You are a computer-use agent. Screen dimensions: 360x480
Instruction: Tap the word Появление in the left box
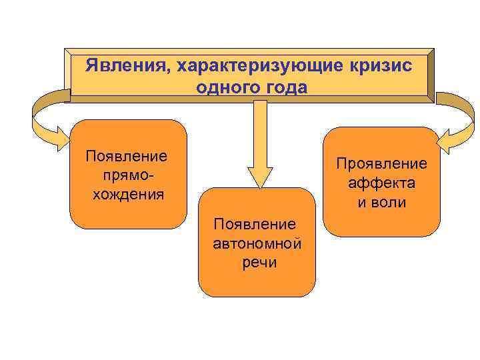(127, 156)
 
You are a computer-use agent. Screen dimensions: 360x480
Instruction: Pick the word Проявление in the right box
(381, 164)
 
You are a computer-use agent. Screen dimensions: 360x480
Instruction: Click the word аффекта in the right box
(382, 183)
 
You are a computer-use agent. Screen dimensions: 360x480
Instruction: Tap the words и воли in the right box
(382, 203)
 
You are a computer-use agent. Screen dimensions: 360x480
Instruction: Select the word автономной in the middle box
(257, 243)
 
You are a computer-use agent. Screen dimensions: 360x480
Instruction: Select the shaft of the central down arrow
(261, 130)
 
